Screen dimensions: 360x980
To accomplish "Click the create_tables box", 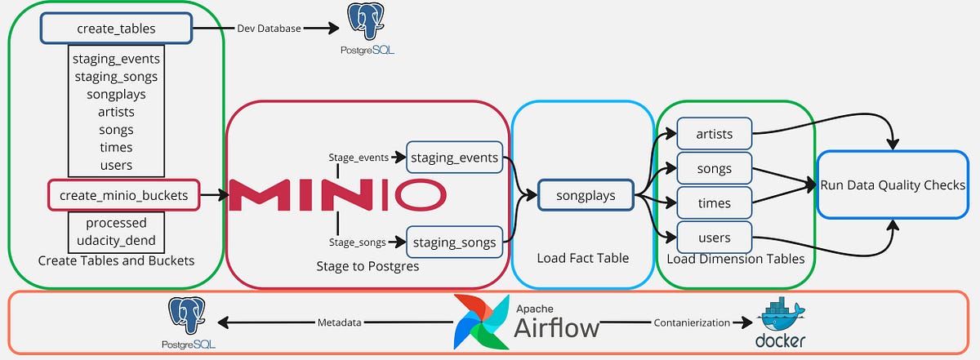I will (115, 29).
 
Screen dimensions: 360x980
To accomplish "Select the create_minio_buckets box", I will (122, 195).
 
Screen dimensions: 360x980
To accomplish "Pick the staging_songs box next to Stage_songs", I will (454, 242).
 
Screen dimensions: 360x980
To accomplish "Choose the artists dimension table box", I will (714, 134).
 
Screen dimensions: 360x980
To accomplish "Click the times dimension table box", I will (714, 203).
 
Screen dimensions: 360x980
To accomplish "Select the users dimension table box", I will (714, 238).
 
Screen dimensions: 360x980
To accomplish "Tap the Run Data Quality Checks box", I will (892, 184).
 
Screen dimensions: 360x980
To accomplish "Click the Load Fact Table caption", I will (582, 258).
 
